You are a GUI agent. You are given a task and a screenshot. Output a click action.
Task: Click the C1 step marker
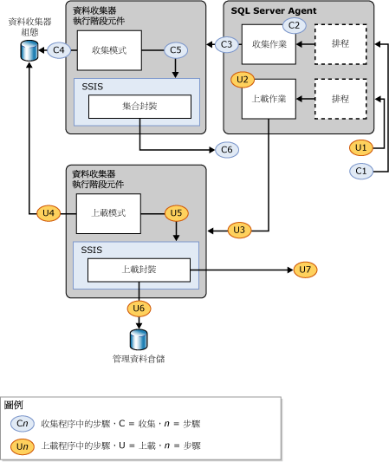362,172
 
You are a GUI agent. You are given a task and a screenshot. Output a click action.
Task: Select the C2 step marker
295,25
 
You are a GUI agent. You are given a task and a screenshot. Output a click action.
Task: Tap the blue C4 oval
59,50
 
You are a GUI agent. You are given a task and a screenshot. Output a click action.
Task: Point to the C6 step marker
226,150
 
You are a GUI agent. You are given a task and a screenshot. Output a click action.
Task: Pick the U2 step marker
243,79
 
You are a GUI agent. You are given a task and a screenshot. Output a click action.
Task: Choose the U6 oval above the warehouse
139,308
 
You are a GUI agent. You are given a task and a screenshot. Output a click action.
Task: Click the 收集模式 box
108,50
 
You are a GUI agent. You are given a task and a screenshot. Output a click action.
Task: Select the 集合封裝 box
139,106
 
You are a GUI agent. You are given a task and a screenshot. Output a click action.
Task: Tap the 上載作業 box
269,99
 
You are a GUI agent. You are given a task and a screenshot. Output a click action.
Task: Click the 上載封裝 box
139,270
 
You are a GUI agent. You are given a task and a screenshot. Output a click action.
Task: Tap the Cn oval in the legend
23,423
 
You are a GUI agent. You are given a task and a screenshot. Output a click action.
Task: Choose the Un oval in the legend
23,445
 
